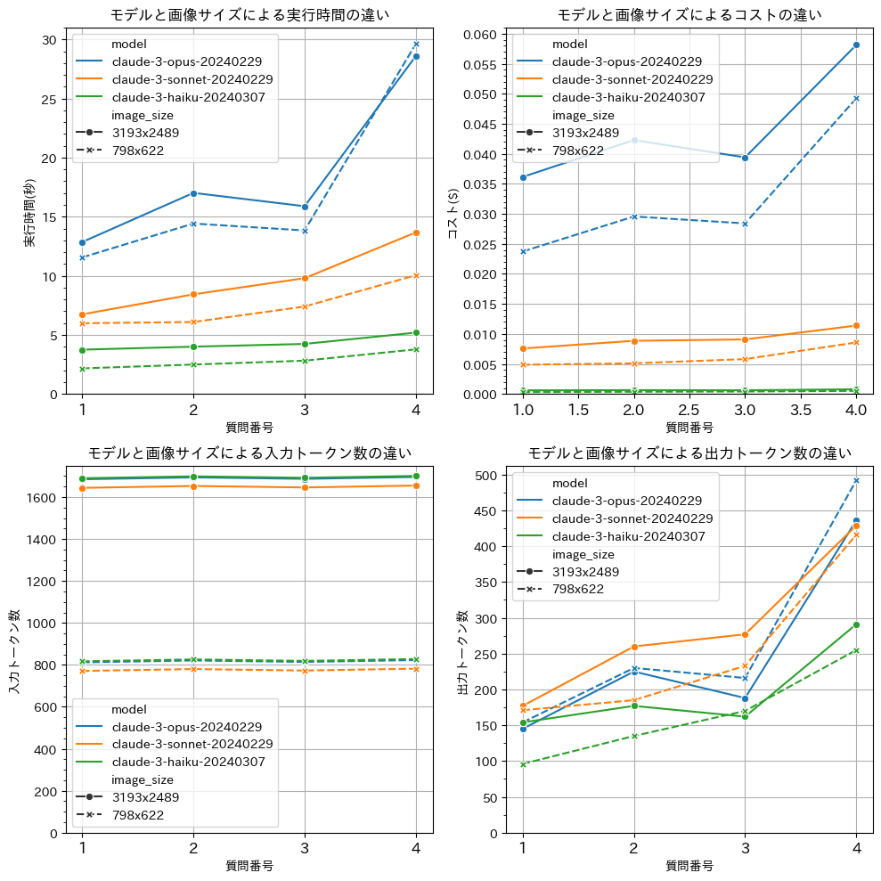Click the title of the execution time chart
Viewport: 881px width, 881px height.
click(249, 14)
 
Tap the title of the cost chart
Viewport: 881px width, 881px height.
click(689, 14)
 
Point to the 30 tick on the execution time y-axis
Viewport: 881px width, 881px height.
click(48, 40)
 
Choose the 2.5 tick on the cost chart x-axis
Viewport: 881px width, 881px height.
click(689, 410)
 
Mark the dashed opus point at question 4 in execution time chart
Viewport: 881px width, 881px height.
click(416, 44)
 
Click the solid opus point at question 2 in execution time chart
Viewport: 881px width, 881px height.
click(193, 193)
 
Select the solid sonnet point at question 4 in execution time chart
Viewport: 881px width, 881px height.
click(416, 232)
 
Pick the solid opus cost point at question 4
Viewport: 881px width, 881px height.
click(856, 45)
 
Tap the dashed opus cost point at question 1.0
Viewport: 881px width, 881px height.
click(523, 251)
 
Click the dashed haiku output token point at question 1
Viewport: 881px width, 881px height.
click(523, 764)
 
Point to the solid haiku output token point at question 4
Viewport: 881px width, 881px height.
click(856, 624)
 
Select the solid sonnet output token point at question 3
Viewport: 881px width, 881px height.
click(745, 634)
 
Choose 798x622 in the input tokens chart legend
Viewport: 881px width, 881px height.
click(135, 814)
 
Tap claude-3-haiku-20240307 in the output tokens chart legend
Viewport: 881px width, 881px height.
click(629, 536)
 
